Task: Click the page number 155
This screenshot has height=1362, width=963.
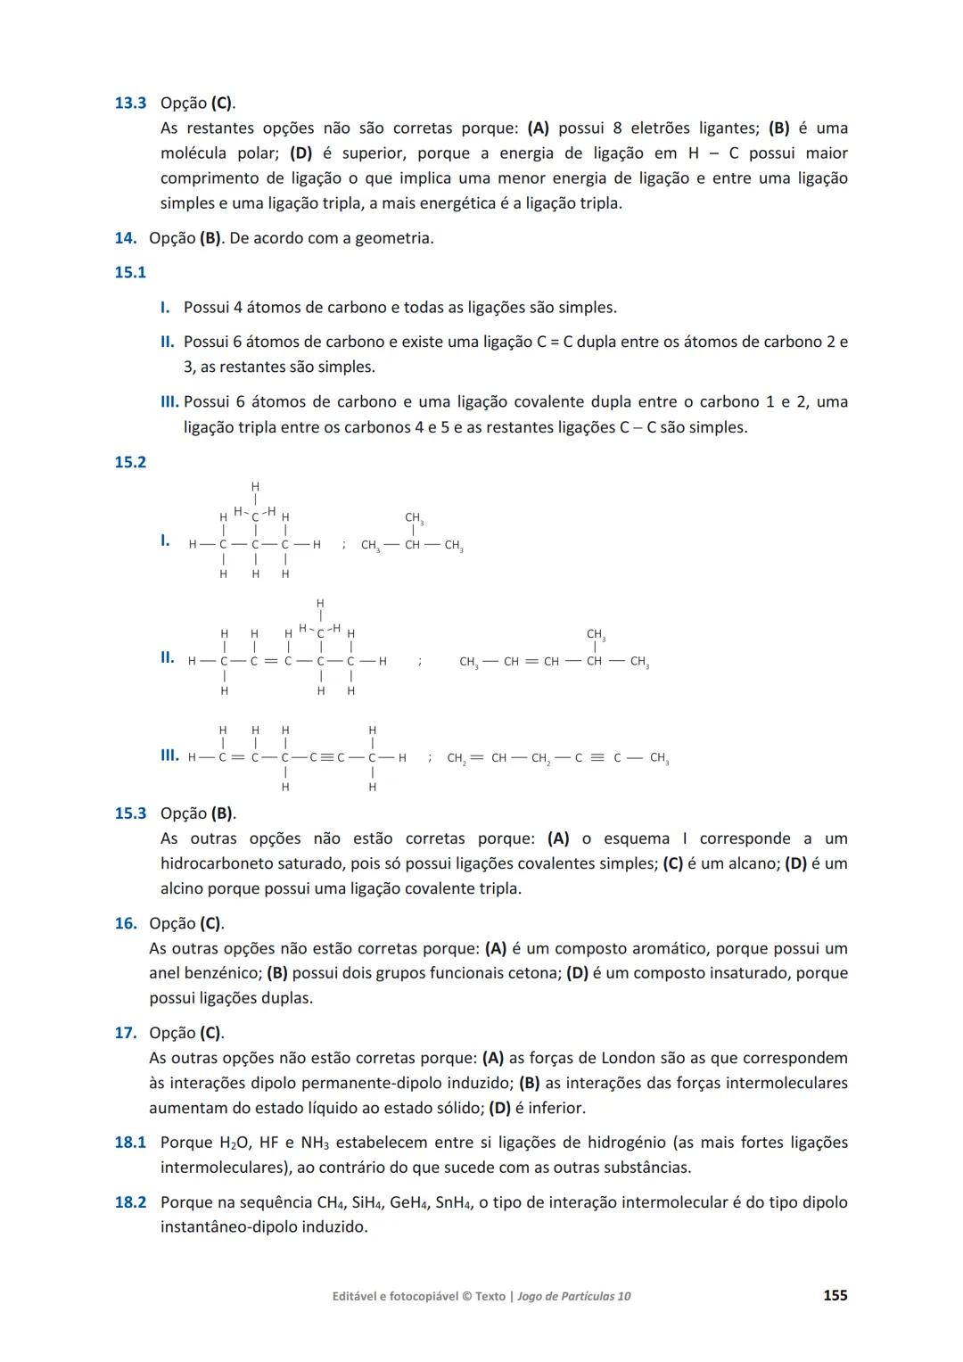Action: coord(835,1295)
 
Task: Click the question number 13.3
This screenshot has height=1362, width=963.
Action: coord(130,103)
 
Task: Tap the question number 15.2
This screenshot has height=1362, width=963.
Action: coord(130,462)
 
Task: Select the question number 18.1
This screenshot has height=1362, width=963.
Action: coord(130,1143)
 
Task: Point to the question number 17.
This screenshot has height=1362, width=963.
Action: coord(125,1033)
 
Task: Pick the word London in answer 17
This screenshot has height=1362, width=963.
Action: coord(628,1058)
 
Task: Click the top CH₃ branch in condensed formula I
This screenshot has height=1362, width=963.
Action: coord(414,518)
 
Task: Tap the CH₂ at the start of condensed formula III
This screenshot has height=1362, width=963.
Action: coord(456,759)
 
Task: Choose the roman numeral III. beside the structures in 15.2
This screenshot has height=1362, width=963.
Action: coord(169,755)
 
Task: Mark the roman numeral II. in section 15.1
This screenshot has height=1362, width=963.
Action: coord(167,342)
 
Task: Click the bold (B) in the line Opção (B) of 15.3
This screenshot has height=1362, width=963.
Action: coord(222,813)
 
